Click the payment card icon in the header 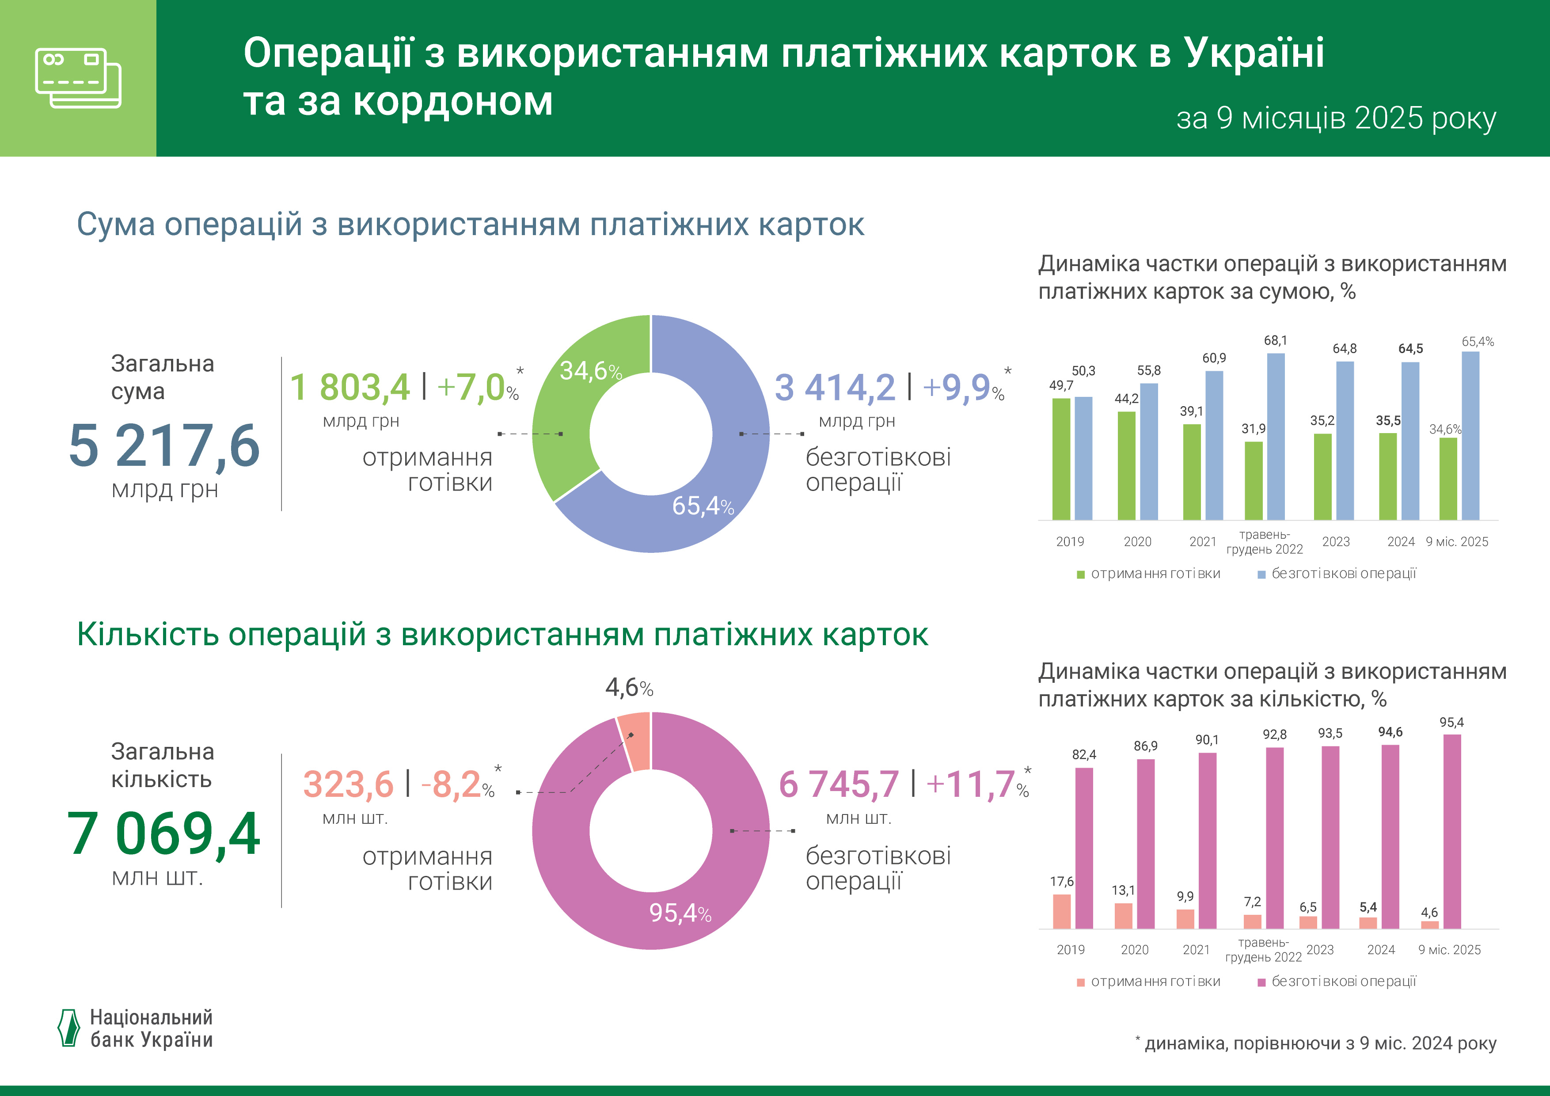tap(78, 78)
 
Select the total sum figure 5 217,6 tap(164, 446)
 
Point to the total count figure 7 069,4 tap(163, 834)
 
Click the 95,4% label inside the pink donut tap(680, 913)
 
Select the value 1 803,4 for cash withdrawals tap(350, 388)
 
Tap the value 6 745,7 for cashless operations tap(839, 785)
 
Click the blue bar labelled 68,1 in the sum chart tap(1275, 436)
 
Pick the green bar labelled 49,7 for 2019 tap(1061, 459)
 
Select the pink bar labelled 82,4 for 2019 tap(1083, 848)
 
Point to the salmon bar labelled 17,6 tap(1061, 912)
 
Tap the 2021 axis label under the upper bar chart tap(1202, 541)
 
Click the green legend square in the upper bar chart tap(1080, 575)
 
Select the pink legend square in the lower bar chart tap(1261, 982)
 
